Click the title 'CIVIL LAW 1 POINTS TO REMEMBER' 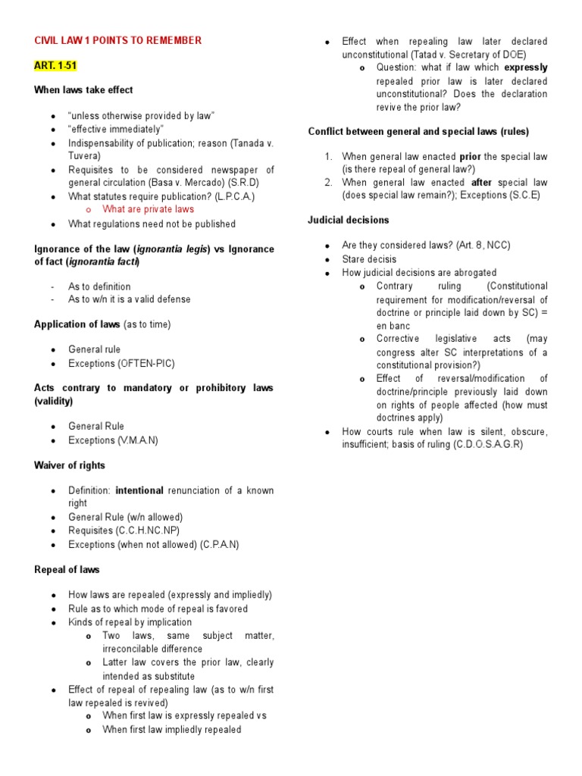[x=117, y=40]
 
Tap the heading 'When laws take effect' [x=83, y=89]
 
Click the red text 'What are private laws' [x=149, y=209]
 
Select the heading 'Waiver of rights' [x=70, y=465]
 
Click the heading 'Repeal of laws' [x=67, y=569]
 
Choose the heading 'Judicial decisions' [x=349, y=220]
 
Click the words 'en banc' [x=394, y=326]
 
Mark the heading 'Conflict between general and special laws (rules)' [x=418, y=131]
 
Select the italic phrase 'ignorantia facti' [x=104, y=261]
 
